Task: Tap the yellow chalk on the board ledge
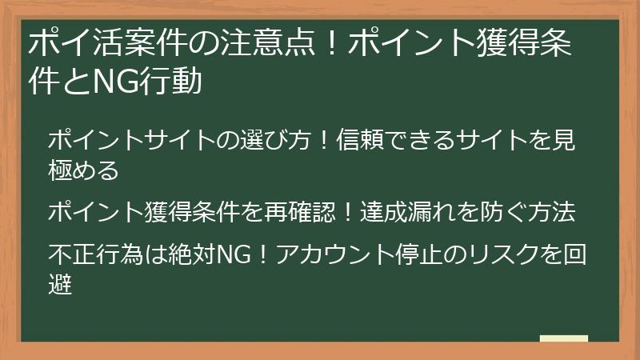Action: click(564, 339)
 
